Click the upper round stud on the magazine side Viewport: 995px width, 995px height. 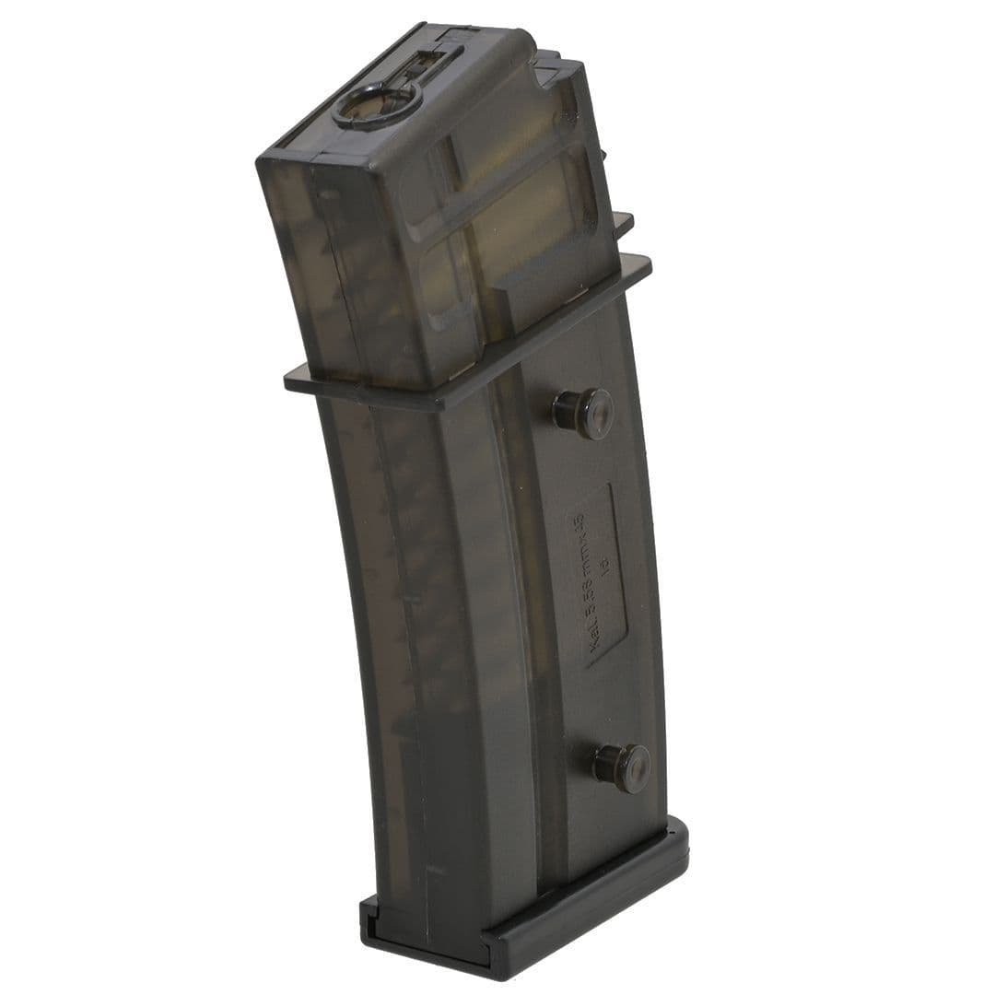point(583,413)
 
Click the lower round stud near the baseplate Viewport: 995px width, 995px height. point(622,767)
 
